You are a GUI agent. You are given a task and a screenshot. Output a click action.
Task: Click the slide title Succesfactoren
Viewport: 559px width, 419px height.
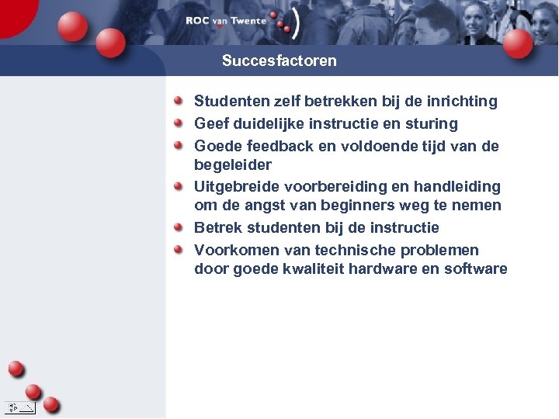pos(279,61)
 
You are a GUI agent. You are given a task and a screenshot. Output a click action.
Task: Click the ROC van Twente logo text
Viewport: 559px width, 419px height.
pos(225,21)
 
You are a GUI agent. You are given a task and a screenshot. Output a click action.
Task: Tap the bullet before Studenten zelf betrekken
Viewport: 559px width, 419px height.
pos(179,101)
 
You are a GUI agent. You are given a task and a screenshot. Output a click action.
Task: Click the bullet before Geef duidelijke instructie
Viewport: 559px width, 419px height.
pos(179,123)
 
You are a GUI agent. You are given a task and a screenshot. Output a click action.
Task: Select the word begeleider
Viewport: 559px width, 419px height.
pos(232,164)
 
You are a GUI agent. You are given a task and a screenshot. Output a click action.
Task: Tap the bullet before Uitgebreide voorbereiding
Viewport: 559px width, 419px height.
pos(179,186)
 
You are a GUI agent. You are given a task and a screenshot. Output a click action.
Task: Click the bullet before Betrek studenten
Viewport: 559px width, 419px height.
pos(179,227)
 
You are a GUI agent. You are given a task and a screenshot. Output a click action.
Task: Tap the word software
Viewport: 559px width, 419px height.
pos(475,269)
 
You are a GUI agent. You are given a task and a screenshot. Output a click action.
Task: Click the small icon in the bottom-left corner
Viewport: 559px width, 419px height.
pos(19,407)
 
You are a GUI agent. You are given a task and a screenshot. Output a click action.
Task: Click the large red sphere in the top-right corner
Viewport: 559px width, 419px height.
pos(518,43)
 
